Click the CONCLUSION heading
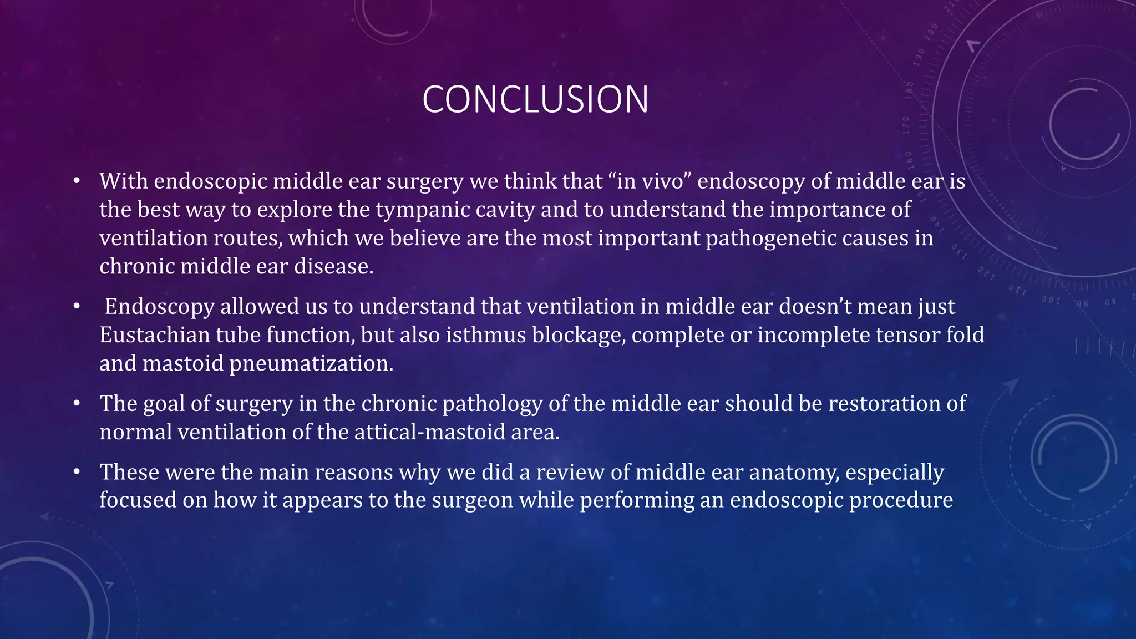click(x=535, y=100)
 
